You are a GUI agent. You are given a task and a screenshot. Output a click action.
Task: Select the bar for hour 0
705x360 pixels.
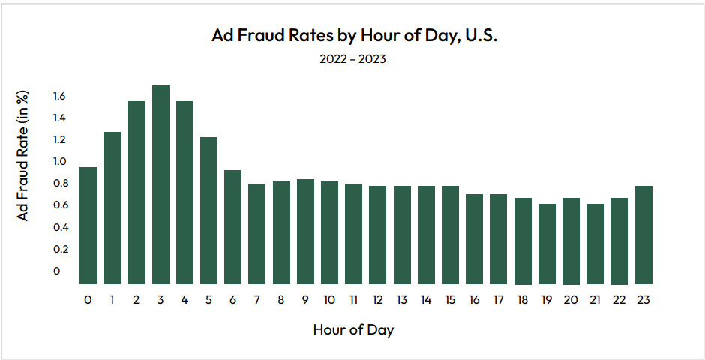88,226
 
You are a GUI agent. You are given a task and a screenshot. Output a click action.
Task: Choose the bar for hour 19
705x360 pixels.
547,244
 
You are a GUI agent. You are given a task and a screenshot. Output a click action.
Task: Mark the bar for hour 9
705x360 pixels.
305,232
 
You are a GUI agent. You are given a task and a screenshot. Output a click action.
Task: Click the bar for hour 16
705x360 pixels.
474,239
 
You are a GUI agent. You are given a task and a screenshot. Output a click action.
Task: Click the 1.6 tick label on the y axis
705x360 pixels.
59,96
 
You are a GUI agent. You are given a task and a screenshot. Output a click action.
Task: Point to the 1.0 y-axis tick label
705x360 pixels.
59,161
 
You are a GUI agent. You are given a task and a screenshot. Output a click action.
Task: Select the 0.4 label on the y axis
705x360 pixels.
59,227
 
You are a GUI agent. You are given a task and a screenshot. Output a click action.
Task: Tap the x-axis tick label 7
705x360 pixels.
257,300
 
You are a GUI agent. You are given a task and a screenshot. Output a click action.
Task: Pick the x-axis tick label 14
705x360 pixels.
426,300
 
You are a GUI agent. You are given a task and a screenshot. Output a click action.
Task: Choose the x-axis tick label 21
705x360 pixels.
595,300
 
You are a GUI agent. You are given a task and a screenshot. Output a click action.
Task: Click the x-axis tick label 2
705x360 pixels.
136,300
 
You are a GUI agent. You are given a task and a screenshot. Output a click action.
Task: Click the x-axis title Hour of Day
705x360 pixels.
352,329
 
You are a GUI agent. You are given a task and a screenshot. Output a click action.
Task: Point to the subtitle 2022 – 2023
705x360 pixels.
352,59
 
